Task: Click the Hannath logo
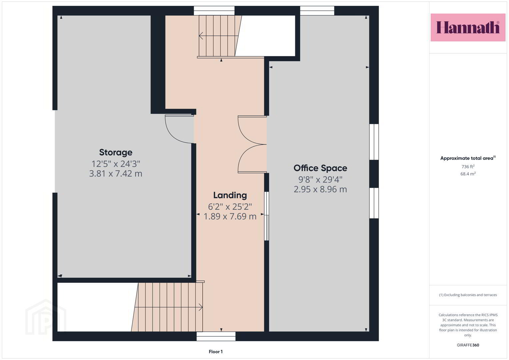pos(468,27)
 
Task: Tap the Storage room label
pos(116,153)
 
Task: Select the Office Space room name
pos(320,168)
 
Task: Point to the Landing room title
pos(230,195)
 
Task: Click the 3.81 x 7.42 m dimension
pos(116,174)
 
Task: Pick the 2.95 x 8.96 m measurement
pos(320,189)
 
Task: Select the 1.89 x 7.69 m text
pos(230,216)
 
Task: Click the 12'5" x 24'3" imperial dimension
pos(116,164)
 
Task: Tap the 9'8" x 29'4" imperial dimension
pos(320,180)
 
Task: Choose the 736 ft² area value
pos(468,167)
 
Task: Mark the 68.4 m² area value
pos(468,174)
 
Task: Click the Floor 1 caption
pos(216,352)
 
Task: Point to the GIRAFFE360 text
pos(468,345)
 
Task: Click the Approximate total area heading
pos(468,158)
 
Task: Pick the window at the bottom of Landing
pos(216,336)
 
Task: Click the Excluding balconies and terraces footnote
pos(468,295)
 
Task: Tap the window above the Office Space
pos(317,11)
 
